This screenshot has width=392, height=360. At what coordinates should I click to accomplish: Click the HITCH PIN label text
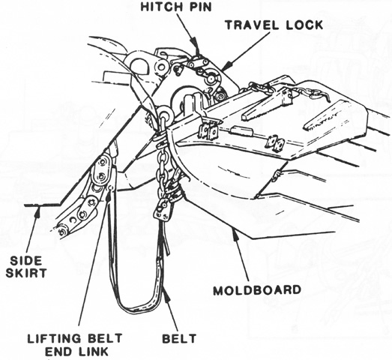176,7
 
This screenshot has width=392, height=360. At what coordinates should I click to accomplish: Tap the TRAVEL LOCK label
274,25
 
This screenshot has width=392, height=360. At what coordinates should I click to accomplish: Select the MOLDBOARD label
257,290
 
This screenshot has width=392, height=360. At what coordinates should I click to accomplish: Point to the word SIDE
26,261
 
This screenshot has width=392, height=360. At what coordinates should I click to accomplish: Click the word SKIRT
26,273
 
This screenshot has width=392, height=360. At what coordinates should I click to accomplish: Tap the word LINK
94,351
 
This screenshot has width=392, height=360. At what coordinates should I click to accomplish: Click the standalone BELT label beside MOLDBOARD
179,339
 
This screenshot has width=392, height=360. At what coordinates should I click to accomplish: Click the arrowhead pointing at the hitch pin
194,43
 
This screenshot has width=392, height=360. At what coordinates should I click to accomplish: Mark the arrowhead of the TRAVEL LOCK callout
226,66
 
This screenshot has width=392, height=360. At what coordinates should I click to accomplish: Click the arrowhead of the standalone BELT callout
167,294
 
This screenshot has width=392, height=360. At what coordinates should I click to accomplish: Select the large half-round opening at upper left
139,65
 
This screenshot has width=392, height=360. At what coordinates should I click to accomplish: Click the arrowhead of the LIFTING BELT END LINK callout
108,195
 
